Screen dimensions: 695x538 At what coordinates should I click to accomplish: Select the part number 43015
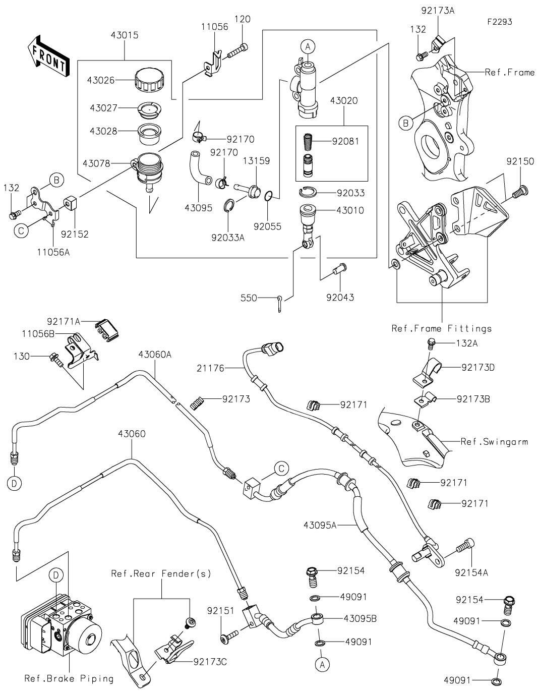(125, 36)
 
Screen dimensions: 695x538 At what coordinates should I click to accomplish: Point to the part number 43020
(344, 100)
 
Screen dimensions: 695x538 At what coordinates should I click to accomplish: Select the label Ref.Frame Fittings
(441, 329)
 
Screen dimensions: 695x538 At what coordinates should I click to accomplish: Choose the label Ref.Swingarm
(494, 442)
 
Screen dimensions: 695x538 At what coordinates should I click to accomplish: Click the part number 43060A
(154, 355)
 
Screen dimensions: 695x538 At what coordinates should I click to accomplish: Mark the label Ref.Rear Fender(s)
(161, 574)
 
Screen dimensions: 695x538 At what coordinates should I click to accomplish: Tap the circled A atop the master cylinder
(309, 46)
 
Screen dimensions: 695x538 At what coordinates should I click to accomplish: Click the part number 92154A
(471, 572)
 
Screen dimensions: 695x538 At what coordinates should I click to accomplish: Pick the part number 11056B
(39, 334)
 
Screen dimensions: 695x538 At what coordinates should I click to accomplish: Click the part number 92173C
(210, 661)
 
